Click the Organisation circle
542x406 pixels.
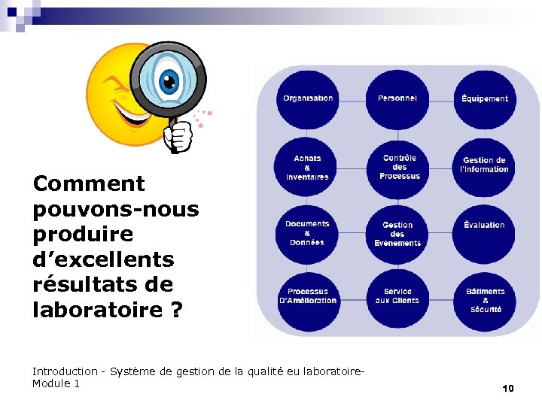pyautogui.click(x=307, y=98)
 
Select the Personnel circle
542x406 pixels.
pyautogui.click(x=397, y=98)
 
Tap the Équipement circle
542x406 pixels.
pyautogui.click(x=485, y=98)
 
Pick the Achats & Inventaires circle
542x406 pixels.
pyautogui.click(x=307, y=167)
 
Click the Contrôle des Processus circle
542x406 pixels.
pyautogui.click(x=399, y=167)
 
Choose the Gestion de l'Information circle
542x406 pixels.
pyautogui.click(x=485, y=165)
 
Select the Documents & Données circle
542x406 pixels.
pyautogui.click(x=307, y=232)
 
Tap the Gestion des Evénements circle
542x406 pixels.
pyautogui.click(x=397, y=234)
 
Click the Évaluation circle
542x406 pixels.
pyautogui.click(x=485, y=226)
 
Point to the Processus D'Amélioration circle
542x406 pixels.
pyautogui.click(x=307, y=296)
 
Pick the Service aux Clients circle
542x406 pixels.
pyautogui.click(x=397, y=296)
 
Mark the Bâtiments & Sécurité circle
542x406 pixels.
pyautogui.click(x=485, y=299)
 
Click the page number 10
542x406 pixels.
pyautogui.click(x=507, y=388)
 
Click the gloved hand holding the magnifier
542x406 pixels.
pyautogui.click(x=179, y=136)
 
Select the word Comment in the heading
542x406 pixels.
pyautogui.click(x=89, y=183)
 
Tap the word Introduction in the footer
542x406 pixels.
pyautogui.click(x=65, y=371)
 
